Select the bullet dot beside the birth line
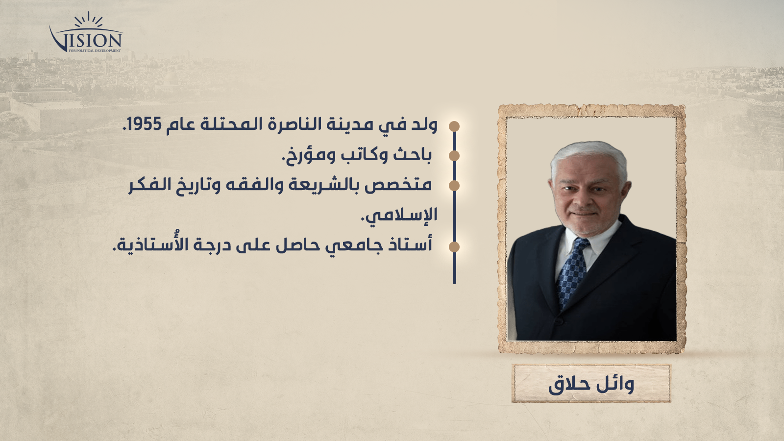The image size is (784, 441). click(x=454, y=126)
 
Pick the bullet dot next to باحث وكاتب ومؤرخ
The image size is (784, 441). click(x=454, y=156)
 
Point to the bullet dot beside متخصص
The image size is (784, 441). click(x=454, y=186)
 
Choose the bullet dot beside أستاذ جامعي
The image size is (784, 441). click(x=454, y=247)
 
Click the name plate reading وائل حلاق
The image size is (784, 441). click(x=591, y=383)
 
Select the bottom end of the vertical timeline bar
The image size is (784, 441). click(x=454, y=283)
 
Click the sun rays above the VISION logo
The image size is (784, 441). click(x=89, y=20)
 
